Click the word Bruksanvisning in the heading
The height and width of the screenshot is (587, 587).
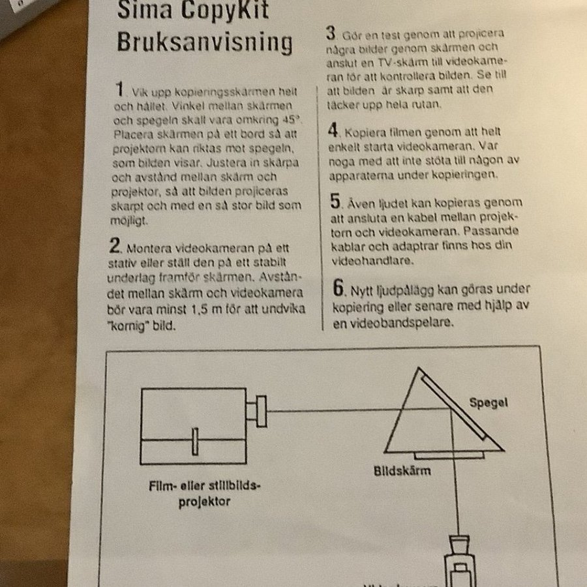point(204,42)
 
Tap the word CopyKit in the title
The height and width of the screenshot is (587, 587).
point(224,10)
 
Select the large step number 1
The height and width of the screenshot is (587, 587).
point(119,89)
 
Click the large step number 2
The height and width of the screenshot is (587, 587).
point(115,245)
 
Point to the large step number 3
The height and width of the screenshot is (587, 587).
point(330,33)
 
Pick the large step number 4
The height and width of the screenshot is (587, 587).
point(333,130)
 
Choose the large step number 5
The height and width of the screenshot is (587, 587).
point(335,201)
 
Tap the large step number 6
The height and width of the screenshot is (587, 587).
point(339,288)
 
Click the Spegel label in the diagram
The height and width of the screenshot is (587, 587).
point(489,403)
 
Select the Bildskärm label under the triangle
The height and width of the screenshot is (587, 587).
point(402,470)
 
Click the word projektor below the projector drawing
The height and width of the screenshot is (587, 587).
point(204,502)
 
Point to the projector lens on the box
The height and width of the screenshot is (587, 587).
point(256,411)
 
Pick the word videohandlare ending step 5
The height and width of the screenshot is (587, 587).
point(372,260)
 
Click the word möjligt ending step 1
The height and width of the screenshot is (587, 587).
point(129,221)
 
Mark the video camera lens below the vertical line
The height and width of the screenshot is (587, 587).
point(460,544)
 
